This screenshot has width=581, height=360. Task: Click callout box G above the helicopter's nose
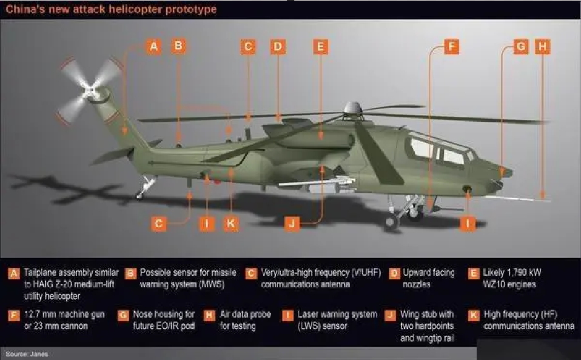(520, 47)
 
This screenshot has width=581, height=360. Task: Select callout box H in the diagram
(543, 47)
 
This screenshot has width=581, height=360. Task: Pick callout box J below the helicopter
(292, 223)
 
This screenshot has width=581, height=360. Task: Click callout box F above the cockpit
(451, 47)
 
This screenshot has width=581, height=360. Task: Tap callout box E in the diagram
(321, 47)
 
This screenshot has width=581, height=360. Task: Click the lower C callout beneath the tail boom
(159, 223)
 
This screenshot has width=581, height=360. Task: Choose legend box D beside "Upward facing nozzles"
(394, 273)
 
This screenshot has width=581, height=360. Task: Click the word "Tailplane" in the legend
(43, 273)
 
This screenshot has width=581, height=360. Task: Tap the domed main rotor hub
(353, 110)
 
